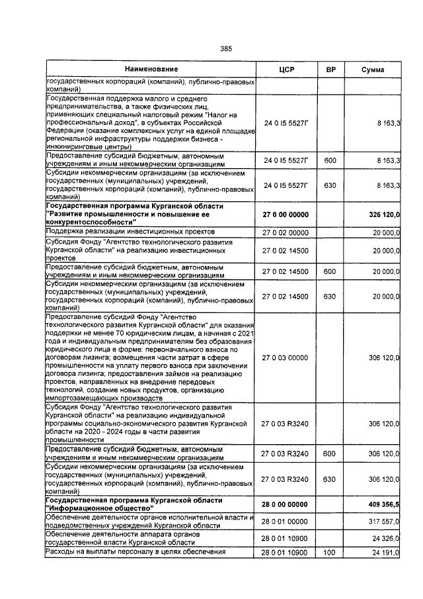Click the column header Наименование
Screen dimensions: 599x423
pyautogui.click(x=151, y=70)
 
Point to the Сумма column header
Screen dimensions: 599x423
pyautogui.click(x=373, y=70)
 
